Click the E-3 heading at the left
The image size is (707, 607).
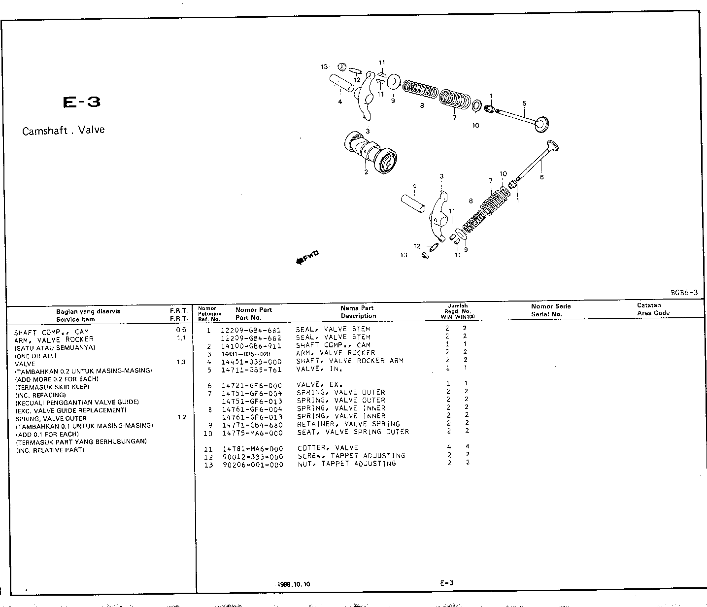pos(82,102)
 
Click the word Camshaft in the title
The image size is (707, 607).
pos(45,131)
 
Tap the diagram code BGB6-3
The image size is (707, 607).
pos(684,293)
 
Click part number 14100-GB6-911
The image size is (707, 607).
pos(251,345)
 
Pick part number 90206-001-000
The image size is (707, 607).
pos(252,464)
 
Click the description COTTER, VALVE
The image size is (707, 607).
pos(328,447)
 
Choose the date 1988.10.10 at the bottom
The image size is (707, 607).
pos(294,584)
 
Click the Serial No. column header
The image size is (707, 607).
pos(546,314)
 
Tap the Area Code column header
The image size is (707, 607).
pos(653,313)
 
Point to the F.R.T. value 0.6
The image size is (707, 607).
pos(181,330)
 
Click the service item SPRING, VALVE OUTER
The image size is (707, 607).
pos(51,418)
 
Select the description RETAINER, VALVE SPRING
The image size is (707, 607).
pos(348,424)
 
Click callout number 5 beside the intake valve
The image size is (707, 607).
pos(524,103)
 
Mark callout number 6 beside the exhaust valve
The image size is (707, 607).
pos(541,177)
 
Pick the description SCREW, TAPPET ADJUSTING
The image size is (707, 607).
pos(351,456)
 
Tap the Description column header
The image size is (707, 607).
pos(358,316)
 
